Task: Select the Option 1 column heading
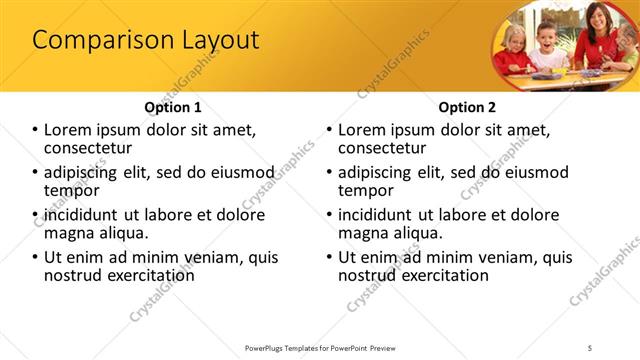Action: [x=172, y=106]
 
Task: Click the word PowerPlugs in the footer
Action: [x=267, y=347]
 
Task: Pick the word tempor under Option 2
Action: [x=366, y=191]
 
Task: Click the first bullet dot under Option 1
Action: [x=35, y=130]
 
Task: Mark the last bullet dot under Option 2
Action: [x=330, y=258]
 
